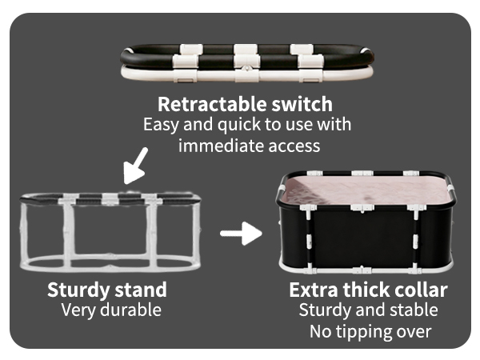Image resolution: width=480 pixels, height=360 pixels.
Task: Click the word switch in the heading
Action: (302, 104)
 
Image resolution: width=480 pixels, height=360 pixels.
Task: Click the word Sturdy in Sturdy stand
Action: (78, 290)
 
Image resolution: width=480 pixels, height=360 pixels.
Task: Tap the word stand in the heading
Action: (141, 290)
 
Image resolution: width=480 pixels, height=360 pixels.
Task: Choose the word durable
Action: (130, 310)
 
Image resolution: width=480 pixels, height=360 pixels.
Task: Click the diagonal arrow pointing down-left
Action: (136, 166)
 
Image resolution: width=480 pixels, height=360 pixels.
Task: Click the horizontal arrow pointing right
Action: (241, 234)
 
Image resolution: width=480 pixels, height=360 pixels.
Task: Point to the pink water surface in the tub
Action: (367, 190)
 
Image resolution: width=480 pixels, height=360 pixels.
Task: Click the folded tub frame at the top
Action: (246, 62)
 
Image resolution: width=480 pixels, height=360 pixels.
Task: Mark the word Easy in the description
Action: (161, 126)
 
